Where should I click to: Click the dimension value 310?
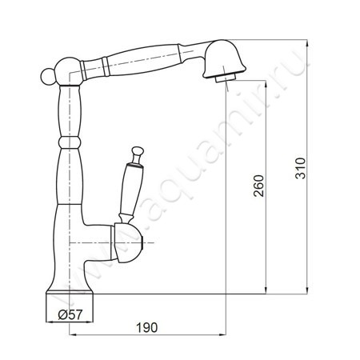coord(301,168)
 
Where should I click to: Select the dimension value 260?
coord(258,186)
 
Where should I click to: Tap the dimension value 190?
coord(147,327)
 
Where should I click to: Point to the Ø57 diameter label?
coord(70,315)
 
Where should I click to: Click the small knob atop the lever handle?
coord(138,151)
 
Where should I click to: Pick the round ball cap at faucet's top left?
coord(48,76)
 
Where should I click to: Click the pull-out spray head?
coord(225,59)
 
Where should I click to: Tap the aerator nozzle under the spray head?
coord(226,78)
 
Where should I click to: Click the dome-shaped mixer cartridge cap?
coord(127,242)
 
